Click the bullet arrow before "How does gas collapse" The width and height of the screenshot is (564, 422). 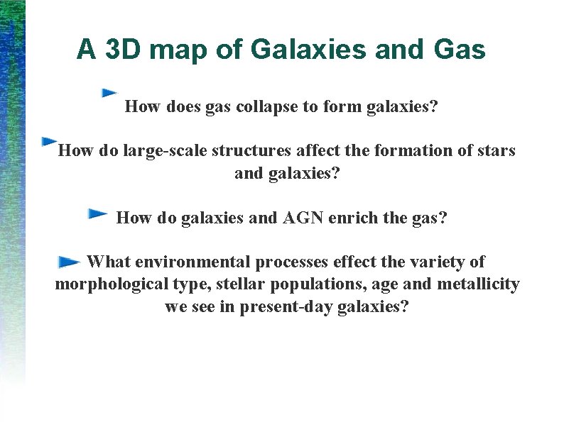109,92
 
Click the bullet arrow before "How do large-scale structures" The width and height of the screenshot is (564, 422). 49,141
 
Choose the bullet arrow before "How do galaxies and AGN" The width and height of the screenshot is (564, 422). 97,213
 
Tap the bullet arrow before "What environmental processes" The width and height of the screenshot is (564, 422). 69,262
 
